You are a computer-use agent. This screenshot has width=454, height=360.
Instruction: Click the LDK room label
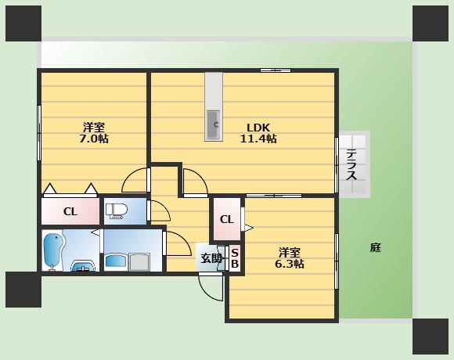[x=258, y=128]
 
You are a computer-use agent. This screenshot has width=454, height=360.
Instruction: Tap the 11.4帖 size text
[x=258, y=139]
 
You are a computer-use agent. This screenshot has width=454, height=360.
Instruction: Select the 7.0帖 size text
[x=95, y=139]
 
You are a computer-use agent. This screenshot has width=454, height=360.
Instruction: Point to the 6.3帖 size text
[x=290, y=264]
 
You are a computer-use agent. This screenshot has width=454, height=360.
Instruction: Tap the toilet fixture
[x=117, y=211]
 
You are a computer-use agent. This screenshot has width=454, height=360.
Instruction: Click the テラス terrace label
[x=351, y=165]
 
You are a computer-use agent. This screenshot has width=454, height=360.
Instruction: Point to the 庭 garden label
[x=376, y=248]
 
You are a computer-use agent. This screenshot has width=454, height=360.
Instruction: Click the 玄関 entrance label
[x=211, y=258]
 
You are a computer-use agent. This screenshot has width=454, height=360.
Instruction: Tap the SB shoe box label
[x=234, y=258]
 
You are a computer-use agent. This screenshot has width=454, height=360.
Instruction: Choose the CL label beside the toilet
[x=70, y=211]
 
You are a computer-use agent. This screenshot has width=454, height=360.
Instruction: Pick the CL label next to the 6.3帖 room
[x=226, y=220]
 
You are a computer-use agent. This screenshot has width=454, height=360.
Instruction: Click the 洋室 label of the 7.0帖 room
[x=95, y=127]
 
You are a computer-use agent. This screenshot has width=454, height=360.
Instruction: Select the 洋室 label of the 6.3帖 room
[x=290, y=252]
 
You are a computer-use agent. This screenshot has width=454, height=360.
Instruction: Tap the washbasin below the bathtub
[x=82, y=267]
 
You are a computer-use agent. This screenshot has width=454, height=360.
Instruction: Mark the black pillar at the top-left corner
[x=23, y=23]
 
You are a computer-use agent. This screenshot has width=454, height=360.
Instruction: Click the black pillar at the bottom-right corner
[x=431, y=336]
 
